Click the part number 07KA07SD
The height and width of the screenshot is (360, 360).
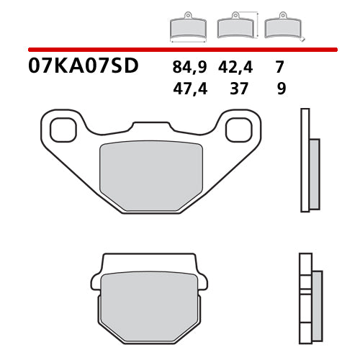pyautogui.click(x=84, y=68)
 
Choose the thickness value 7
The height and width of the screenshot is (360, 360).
pyautogui.click(x=279, y=68)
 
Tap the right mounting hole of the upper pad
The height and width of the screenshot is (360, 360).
pyautogui.click(x=238, y=130)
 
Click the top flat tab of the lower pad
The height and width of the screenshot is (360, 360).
pyautogui.click(x=149, y=261)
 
